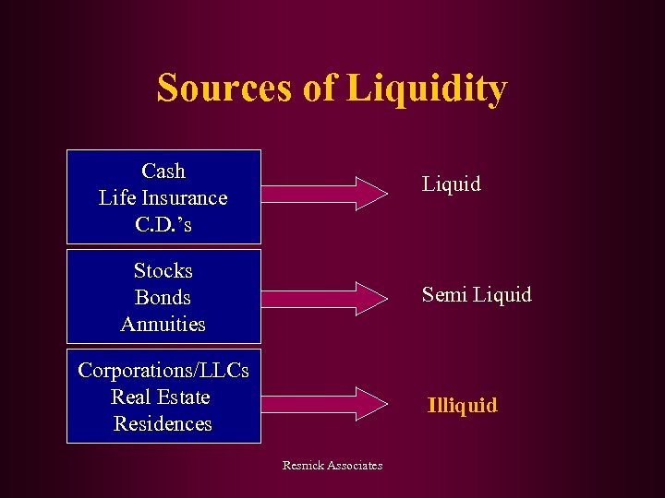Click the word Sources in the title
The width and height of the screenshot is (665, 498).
point(222,89)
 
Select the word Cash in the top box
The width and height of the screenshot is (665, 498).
point(163,172)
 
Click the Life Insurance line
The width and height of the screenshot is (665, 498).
point(163,198)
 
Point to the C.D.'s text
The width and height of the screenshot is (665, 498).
point(163,225)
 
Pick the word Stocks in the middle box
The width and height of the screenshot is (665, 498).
point(163,271)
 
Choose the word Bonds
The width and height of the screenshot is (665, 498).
point(163,298)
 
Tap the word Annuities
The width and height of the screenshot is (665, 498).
point(163,325)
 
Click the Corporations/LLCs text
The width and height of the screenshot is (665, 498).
point(163,371)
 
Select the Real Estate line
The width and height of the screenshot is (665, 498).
point(162,397)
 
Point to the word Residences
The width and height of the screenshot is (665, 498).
point(163,424)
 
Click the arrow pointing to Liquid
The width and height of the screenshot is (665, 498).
point(324,192)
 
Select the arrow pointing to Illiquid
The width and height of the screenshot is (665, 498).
point(324,402)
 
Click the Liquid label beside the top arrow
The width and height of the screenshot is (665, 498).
point(452,184)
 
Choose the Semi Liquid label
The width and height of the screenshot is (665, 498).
point(477,295)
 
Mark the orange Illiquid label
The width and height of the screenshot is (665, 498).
point(462,405)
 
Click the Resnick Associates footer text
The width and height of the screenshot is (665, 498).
point(332,466)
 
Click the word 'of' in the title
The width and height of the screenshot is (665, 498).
point(317,89)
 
